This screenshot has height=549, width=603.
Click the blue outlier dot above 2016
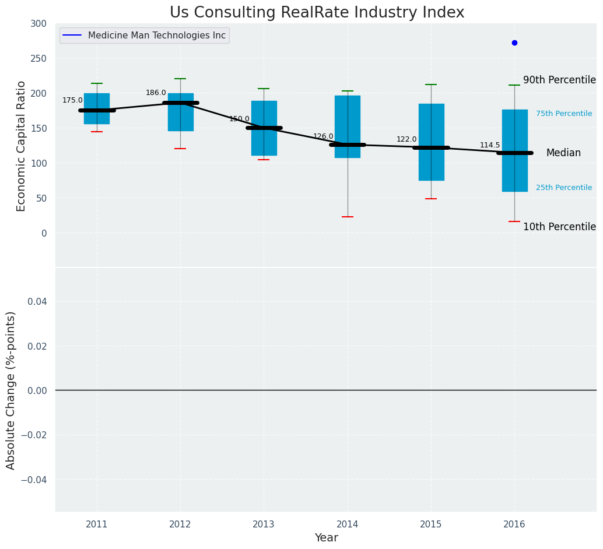[x=514, y=43]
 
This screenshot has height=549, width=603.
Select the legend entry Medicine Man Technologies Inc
[x=156, y=36]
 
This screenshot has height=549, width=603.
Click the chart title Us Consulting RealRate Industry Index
[x=317, y=13]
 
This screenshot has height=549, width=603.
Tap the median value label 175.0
[x=72, y=100]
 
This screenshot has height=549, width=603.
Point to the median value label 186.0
[x=156, y=93]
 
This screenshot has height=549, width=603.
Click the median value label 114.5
[x=490, y=145]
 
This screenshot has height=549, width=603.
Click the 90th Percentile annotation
[x=559, y=80]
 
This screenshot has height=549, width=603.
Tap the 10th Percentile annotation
[x=559, y=227]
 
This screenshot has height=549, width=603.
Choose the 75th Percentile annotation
[x=564, y=114]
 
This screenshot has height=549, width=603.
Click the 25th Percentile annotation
[x=564, y=188]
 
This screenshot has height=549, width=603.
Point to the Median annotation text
[x=563, y=153]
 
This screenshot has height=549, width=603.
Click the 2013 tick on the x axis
[x=264, y=525]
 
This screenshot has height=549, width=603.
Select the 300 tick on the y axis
[x=39, y=24]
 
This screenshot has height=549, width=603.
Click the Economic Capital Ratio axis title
[x=21, y=146]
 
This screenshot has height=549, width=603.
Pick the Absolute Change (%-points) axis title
[x=11, y=390]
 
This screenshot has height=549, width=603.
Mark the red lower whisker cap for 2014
[x=348, y=217]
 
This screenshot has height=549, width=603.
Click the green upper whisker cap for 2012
[x=180, y=79]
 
